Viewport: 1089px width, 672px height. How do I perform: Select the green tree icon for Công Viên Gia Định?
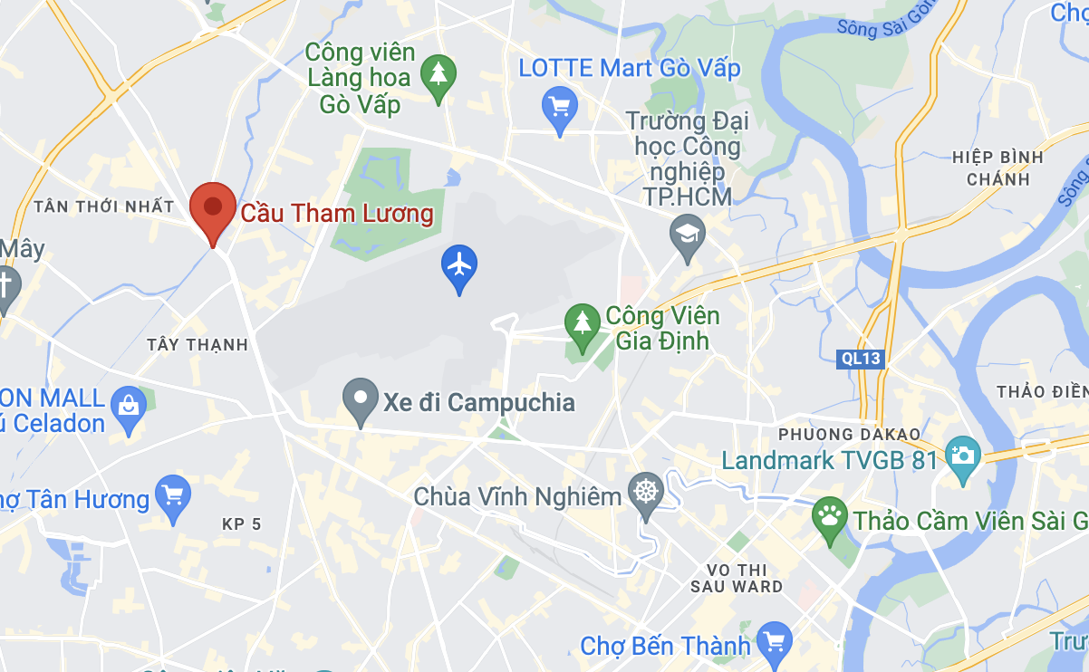click(582, 323)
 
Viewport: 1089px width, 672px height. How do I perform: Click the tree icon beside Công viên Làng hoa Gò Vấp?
click(439, 74)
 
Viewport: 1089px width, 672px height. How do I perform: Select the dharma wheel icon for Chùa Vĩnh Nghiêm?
click(646, 494)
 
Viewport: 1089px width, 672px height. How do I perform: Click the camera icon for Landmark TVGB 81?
click(962, 454)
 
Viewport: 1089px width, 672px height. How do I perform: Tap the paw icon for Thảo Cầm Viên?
click(830, 518)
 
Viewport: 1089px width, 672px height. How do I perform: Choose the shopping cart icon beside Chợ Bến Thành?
click(774, 642)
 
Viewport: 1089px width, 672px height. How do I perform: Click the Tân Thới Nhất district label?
click(103, 206)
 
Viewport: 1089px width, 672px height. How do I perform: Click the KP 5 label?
click(241, 523)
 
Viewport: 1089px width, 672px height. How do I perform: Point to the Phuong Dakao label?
click(849, 434)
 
